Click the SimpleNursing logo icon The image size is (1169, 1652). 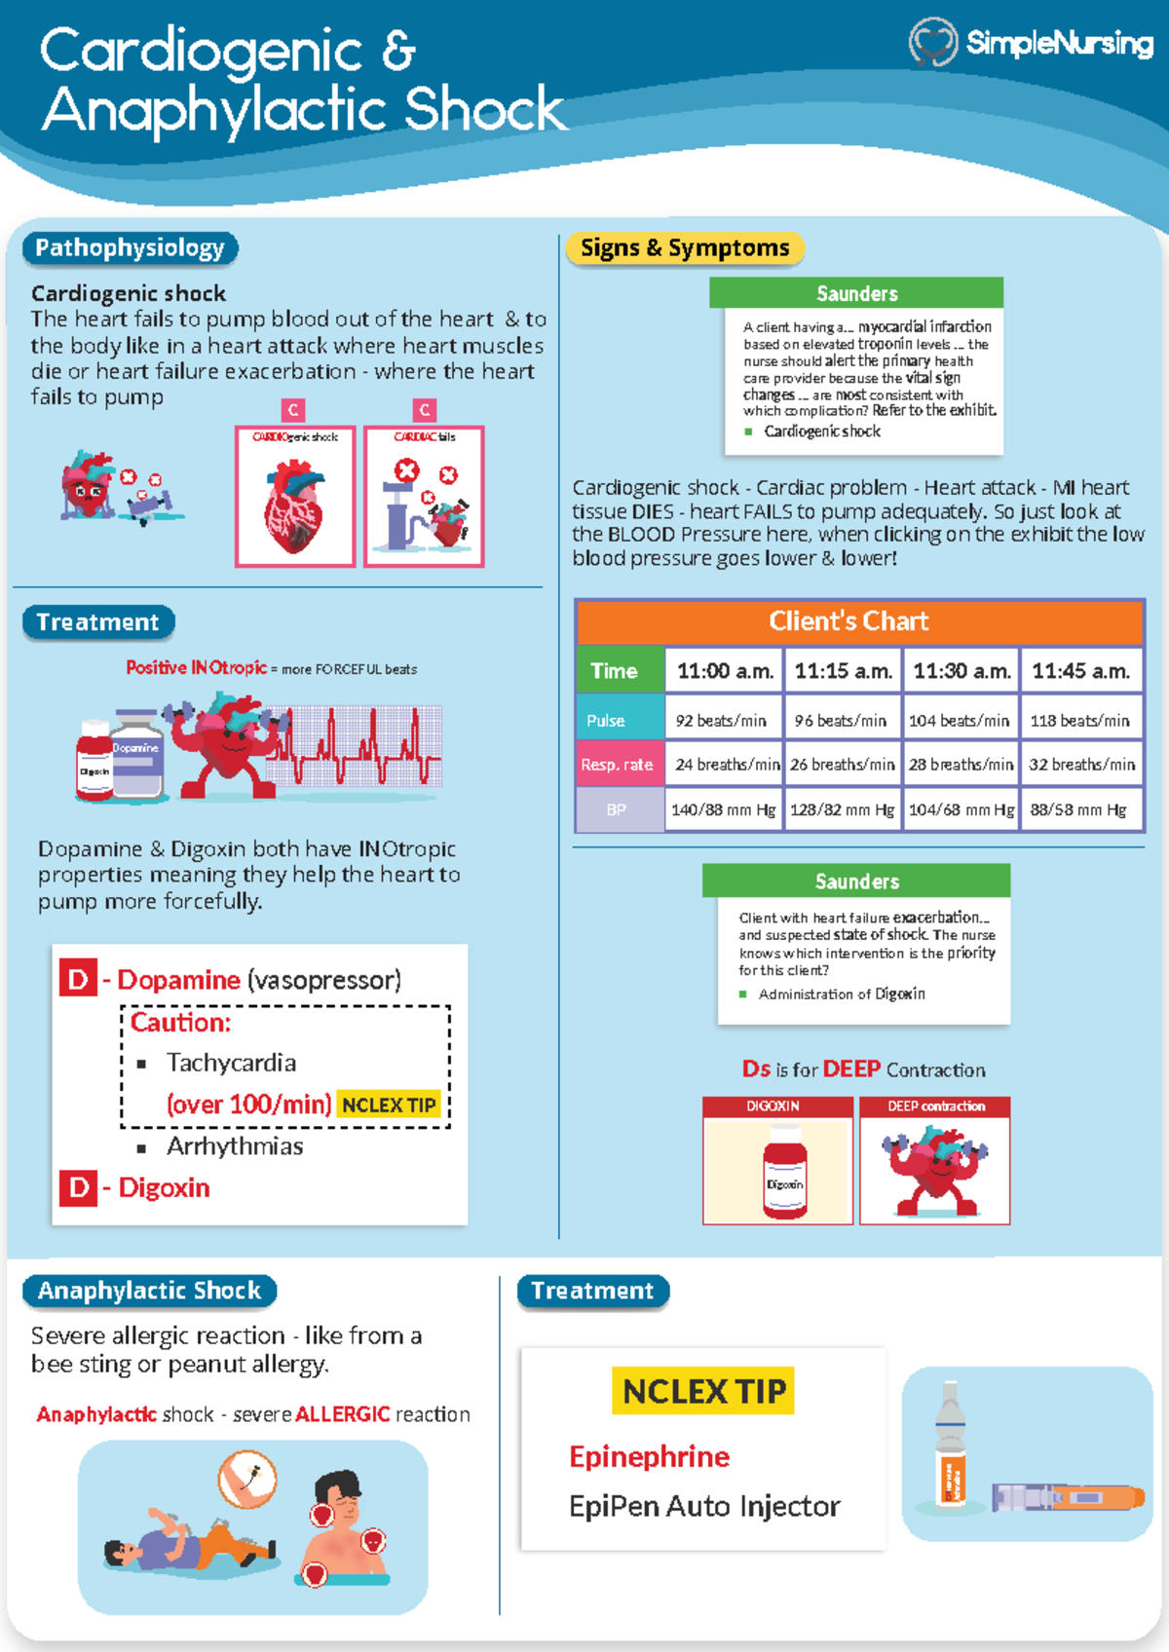933,42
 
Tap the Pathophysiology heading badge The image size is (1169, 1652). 130,248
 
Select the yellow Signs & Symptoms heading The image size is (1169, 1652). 685,248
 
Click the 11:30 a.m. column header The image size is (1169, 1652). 961,671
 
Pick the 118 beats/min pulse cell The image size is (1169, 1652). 1079,721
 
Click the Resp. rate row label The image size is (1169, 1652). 618,765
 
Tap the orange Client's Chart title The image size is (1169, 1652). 848,621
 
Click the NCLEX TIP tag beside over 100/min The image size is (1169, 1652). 389,1105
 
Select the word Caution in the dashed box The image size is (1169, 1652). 180,1023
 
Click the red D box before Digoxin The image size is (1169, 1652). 78,1188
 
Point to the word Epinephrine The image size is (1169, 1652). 649,1456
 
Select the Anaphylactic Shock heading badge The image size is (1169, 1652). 149,1291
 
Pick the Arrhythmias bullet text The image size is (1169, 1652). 235,1146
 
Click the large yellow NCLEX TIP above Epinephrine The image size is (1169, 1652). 703,1391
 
